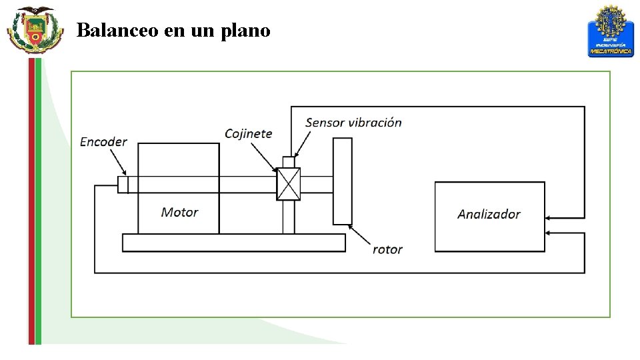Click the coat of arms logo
coord(35,29)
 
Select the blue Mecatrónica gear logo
coord(610,31)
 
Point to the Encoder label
coord(103,141)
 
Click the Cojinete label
coord(248,133)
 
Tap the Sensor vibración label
coord(353,122)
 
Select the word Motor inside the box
coord(179,212)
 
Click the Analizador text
coord(489,214)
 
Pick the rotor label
coord(387,249)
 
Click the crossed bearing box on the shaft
coord(289,184)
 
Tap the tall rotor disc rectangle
coord(343,181)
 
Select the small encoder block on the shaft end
coord(123,184)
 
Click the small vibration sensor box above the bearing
coord(289,162)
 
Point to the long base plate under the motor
coord(233,243)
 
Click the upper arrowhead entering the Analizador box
coord(549,218)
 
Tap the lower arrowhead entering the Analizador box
coord(549,233)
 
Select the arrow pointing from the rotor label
coord(360,235)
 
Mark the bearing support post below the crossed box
coord(289,217)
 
